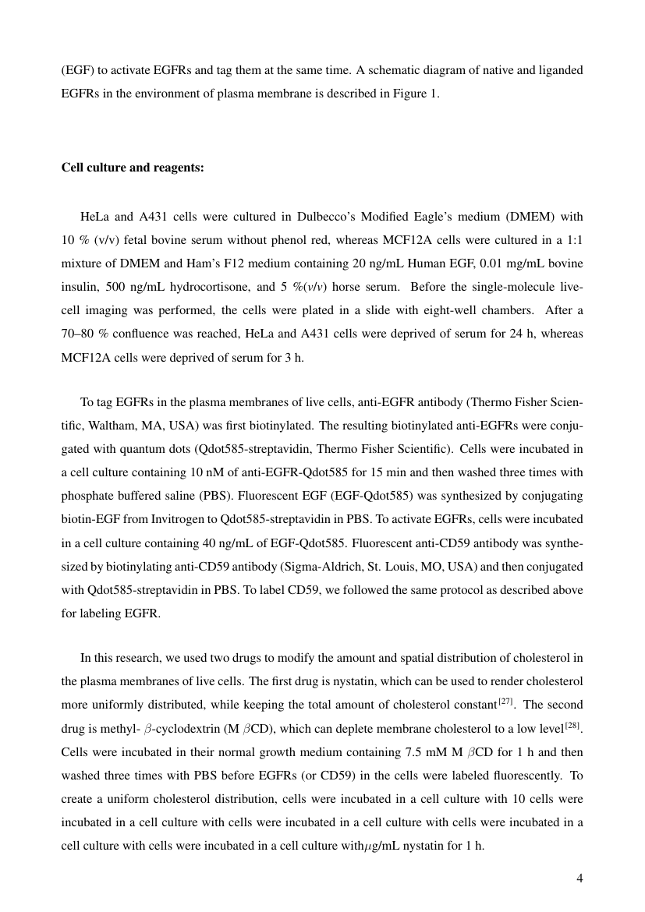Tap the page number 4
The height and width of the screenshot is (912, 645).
tap(579, 879)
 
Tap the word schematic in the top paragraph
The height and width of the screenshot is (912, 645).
tap(387, 70)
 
